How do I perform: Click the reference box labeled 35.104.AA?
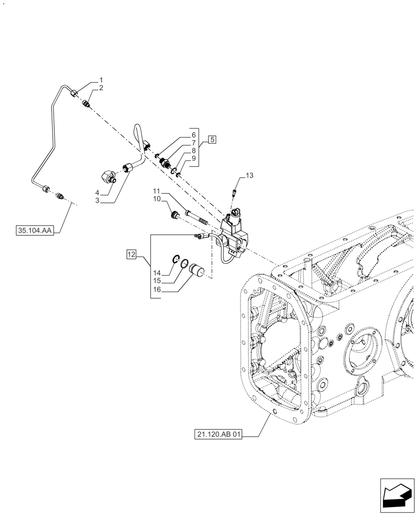click(34, 231)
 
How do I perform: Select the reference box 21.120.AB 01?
click(219, 434)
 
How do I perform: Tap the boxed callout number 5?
click(212, 139)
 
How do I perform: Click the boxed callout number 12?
click(132, 254)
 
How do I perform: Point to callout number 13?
click(249, 176)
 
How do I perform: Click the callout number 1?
click(101, 80)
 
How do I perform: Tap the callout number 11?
click(156, 190)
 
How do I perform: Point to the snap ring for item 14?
click(175, 259)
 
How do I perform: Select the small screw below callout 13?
click(235, 194)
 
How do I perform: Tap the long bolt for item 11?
click(196, 218)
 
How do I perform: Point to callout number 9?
click(194, 158)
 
